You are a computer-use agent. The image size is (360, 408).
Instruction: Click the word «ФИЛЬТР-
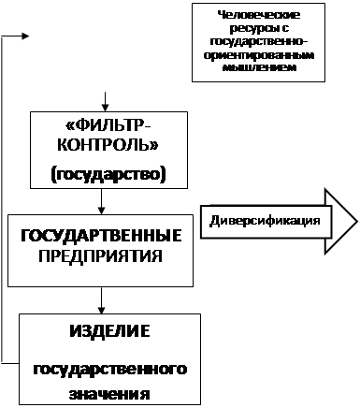(x=108, y=126)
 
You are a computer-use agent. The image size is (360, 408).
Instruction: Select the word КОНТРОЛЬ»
(x=108, y=145)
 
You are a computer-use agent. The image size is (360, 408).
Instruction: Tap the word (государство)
(x=108, y=174)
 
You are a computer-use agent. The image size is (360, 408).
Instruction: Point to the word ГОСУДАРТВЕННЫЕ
(x=101, y=236)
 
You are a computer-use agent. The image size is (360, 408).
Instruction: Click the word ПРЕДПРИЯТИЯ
(x=100, y=256)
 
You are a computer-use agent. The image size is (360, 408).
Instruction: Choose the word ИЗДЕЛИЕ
(x=109, y=331)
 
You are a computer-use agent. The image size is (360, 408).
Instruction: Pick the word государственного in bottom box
(x=110, y=370)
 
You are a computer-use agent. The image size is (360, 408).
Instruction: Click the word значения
(x=109, y=394)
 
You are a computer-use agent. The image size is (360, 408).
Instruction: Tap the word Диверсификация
(x=265, y=221)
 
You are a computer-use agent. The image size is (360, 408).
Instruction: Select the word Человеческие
(x=259, y=15)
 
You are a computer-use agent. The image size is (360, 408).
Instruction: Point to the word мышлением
(x=259, y=67)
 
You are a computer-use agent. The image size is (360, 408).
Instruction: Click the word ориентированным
(x=259, y=55)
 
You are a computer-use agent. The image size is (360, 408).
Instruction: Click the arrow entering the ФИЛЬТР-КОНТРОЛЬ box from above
(x=106, y=102)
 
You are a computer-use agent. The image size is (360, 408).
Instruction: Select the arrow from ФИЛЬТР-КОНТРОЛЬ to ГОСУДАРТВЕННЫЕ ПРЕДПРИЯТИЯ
(x=101, y=201)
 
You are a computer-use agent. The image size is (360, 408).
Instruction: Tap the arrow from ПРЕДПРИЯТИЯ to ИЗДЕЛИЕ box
(x=101, y=300)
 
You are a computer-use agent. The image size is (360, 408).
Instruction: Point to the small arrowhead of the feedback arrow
(x=25, y=36)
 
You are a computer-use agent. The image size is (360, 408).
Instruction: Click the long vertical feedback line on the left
(x=2, y=199)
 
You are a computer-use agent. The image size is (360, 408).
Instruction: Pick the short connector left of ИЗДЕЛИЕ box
(x=10, y=363)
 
